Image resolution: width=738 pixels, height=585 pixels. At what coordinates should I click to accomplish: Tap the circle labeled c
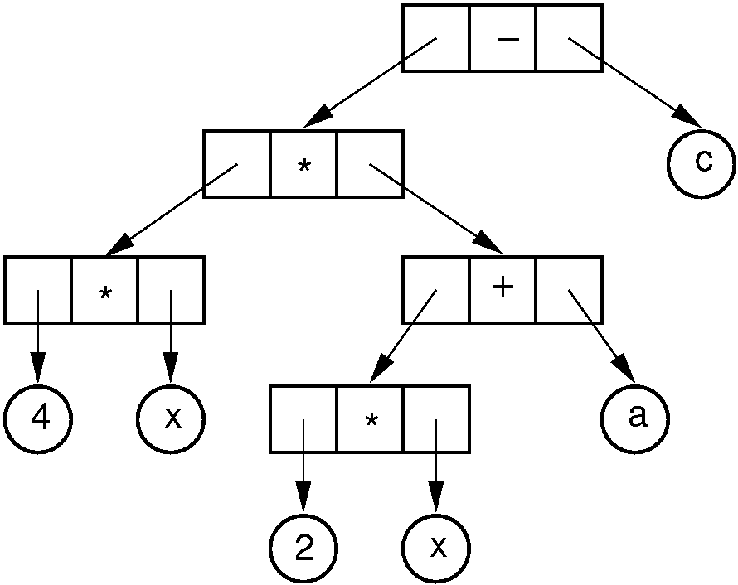click(702, 162)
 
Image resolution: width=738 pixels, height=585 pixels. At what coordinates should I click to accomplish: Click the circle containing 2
click(303, 550)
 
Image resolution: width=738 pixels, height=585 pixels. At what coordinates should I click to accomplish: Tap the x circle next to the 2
click(436, 550)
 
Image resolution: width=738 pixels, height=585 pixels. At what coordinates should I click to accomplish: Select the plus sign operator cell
click(503, 290)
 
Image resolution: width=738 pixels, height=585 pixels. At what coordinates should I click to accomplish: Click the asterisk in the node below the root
click(303, 165)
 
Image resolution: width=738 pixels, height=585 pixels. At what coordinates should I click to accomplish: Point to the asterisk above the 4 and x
click(104, 292)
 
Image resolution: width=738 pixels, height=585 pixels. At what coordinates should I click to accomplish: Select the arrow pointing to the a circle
click(596, 332)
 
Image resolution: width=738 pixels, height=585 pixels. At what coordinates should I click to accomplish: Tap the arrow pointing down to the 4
click(38, 331)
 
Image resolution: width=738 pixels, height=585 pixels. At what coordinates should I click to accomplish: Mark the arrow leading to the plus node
click(435, 208)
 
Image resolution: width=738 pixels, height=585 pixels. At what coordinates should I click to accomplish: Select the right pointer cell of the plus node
click(569, 290)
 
